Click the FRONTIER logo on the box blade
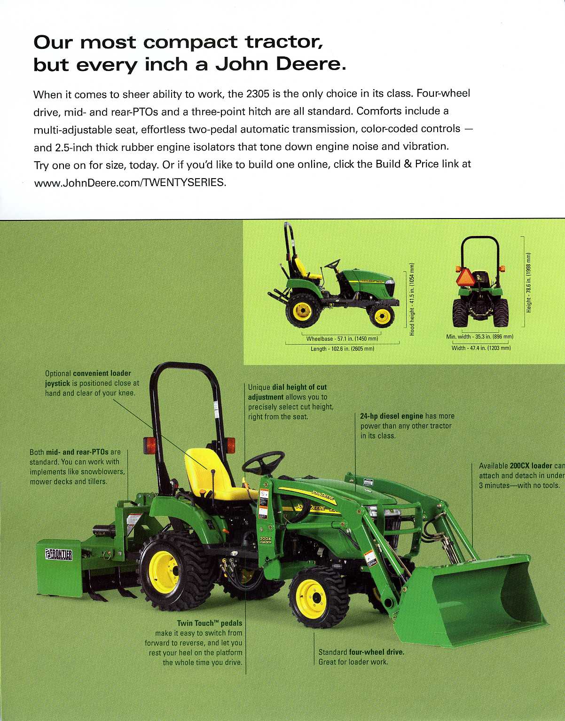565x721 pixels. click(x=58, y=555)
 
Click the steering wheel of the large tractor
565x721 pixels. click(x=263, y=462)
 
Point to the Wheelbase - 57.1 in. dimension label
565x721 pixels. click(x=342, y=339)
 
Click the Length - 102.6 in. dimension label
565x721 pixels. click(x=342, y=349)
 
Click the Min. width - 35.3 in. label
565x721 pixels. click(x=480, y=337)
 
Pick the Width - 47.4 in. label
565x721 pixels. click(x=481, y=348)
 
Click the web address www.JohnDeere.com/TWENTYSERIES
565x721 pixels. click(x=130, y=182)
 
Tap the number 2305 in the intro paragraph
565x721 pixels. click(x=258, y=94)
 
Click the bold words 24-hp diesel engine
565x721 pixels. click(x=392, y=416)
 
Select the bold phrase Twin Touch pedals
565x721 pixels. click(x=209, y=623)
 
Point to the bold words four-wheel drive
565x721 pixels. click(x=377, y=652)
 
